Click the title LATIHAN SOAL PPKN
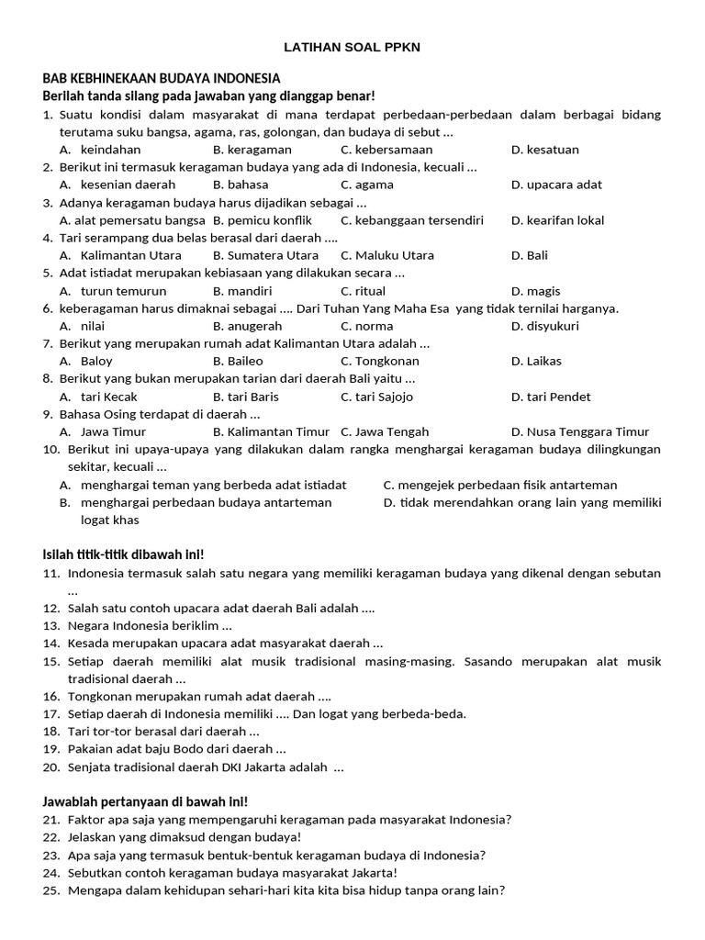tap(352, 47)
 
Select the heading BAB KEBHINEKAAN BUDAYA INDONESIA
tap(162, 79)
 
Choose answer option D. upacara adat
tap(556, 185)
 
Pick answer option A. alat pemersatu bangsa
tap(132, 220)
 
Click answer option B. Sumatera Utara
tap(265, 255)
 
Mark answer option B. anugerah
tap(247, 326)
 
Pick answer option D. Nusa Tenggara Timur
tap(579, 432)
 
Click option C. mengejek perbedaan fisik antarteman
tap(499, 485)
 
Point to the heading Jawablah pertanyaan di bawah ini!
tap(144, 801)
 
